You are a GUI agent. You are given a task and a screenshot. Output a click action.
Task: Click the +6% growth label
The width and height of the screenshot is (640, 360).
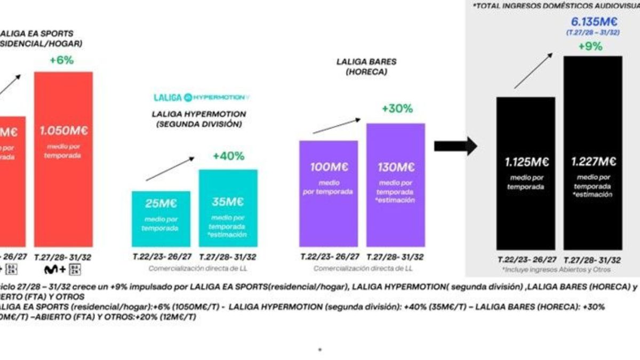pyautogui.click(x=61, y=61)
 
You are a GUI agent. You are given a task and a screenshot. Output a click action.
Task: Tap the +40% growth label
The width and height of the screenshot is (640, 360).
pyautogui.click(x=228, y=156)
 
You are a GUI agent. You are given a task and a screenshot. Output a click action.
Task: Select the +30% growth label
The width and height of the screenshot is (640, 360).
pyautogui.click(x=397, y=109)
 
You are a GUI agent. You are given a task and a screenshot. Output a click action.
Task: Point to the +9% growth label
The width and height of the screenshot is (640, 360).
pyautogui.click(x=590, y=46)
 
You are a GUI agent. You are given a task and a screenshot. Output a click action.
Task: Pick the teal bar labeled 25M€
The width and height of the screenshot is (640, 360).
pyautogui.click(x=161, y=219)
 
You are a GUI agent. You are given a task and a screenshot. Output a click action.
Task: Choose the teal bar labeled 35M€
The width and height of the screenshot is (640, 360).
pyautogui.click(x=228, y=208)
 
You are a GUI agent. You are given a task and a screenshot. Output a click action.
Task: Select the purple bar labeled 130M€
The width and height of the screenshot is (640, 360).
pyautogui.click(x=396, y=185)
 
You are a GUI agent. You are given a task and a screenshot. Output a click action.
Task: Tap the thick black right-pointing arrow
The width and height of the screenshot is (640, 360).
pyautogui.click(x=455, y=146)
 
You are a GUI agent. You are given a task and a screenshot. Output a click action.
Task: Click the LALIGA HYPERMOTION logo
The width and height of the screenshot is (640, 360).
pyautogui.click(x=202, y=98)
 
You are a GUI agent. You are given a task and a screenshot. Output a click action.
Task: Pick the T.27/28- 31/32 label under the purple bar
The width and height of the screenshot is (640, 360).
pyautogui.click(x=396, y=257)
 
